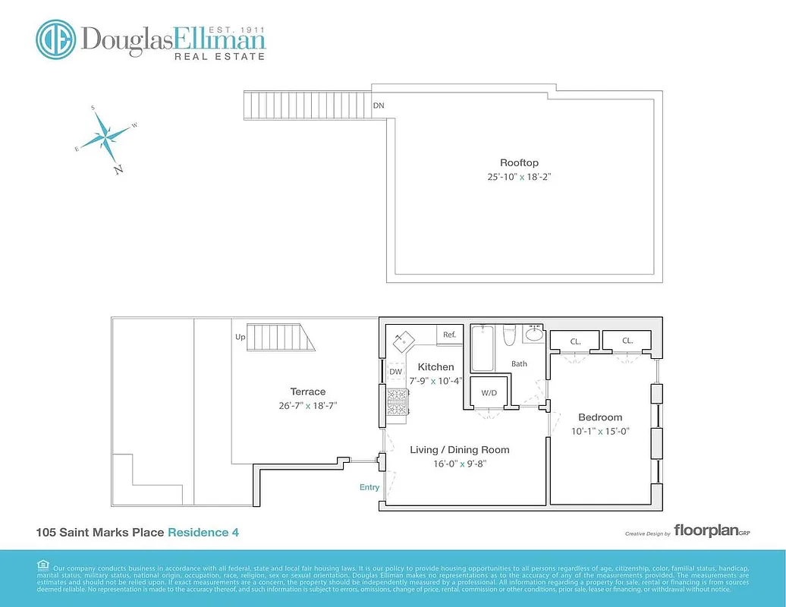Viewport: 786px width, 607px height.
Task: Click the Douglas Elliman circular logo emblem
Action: tap(55, 39)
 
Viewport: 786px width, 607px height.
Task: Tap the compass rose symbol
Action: tap(105, 137)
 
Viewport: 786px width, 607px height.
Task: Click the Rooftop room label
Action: tap(519, 162)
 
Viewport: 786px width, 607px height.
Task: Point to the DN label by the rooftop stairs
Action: tap(378, 105)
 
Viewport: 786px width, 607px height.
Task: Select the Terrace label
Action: tap(307, 392)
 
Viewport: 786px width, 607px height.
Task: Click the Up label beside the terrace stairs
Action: tap(241, 337)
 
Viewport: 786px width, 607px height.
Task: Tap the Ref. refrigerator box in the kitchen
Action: tap(449, 335)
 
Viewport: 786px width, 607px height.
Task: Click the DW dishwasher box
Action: tap(395, 372)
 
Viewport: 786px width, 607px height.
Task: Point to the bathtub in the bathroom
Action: tap(482, 347)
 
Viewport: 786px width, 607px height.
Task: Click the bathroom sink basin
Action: tap(534, 334)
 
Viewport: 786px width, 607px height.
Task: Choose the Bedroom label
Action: tap(600, 417)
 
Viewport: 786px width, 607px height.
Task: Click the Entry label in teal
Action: tap(369, 487)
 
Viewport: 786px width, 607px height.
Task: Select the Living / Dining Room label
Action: tap(459, 450)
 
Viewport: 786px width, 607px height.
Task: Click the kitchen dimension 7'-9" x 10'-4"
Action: tap(435, 380)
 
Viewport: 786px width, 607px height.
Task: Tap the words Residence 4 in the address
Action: tap(203, 533)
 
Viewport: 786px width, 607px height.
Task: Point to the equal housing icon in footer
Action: tap(43, 565)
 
